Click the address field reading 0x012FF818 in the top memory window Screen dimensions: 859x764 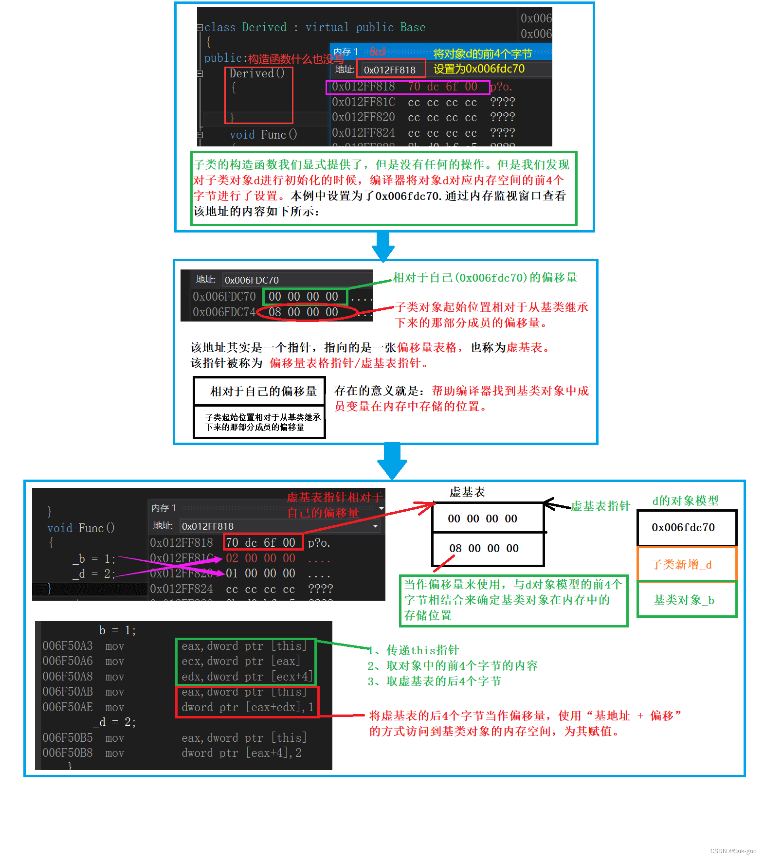click(390, 70)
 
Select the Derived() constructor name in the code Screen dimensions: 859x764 click(257, 73)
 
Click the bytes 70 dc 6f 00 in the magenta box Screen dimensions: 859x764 click(442, 87)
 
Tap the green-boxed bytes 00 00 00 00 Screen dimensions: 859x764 click(304, 296)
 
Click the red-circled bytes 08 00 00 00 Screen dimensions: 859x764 click(304, 312)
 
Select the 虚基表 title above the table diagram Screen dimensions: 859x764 click(467, 492)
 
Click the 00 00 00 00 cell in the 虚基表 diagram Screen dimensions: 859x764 click(482, 519)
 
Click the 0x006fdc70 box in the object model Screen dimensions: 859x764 click(683, 527)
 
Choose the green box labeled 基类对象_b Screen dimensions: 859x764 click(684, 600)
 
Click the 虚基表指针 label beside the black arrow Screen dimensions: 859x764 click(600, 506)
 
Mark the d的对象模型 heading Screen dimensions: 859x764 click(685, 501)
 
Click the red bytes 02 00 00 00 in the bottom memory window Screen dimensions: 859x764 click(260, 558)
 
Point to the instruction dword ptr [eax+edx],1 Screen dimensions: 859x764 click(248, 707)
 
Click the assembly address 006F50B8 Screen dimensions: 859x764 click(68, 753)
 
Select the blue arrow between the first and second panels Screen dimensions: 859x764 click(383, 246)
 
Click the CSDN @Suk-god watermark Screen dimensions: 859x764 click(733, 851)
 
